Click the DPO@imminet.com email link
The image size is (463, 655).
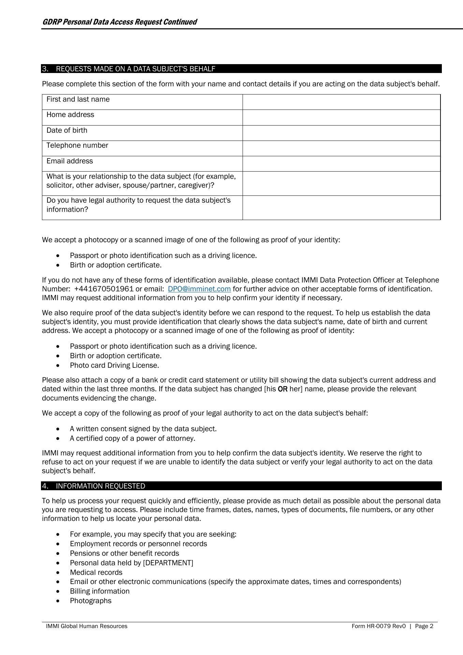[x=199, y=289]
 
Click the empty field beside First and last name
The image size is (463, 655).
[x=341, y=102]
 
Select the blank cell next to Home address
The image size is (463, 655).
[x=341, y=117]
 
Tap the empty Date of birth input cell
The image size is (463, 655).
[x=341, y=133]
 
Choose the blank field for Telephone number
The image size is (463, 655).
[x=341, y=148]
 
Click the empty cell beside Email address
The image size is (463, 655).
[x=341, y=164]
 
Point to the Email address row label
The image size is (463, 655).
[x=70, y=161]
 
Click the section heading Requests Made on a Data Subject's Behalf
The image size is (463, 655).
[x=135, y=69]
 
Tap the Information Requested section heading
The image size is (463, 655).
[x=100, y=486]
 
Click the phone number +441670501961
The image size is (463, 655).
[x=104, y=289]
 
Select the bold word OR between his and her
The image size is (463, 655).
[x=283, y=389]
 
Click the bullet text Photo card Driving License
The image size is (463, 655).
[x=114, y=365]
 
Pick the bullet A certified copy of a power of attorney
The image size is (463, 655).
[x=132, y=438]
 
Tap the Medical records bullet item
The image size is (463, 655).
[x=96, y=572]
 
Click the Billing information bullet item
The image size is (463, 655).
[x=100, y=591]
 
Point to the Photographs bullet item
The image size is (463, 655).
[x=90, y=601]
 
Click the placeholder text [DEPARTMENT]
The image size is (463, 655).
[x=168, y=563]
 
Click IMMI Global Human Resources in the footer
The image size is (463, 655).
[x=87, y=626]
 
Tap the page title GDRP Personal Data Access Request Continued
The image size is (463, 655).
[x=119, y=22]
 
